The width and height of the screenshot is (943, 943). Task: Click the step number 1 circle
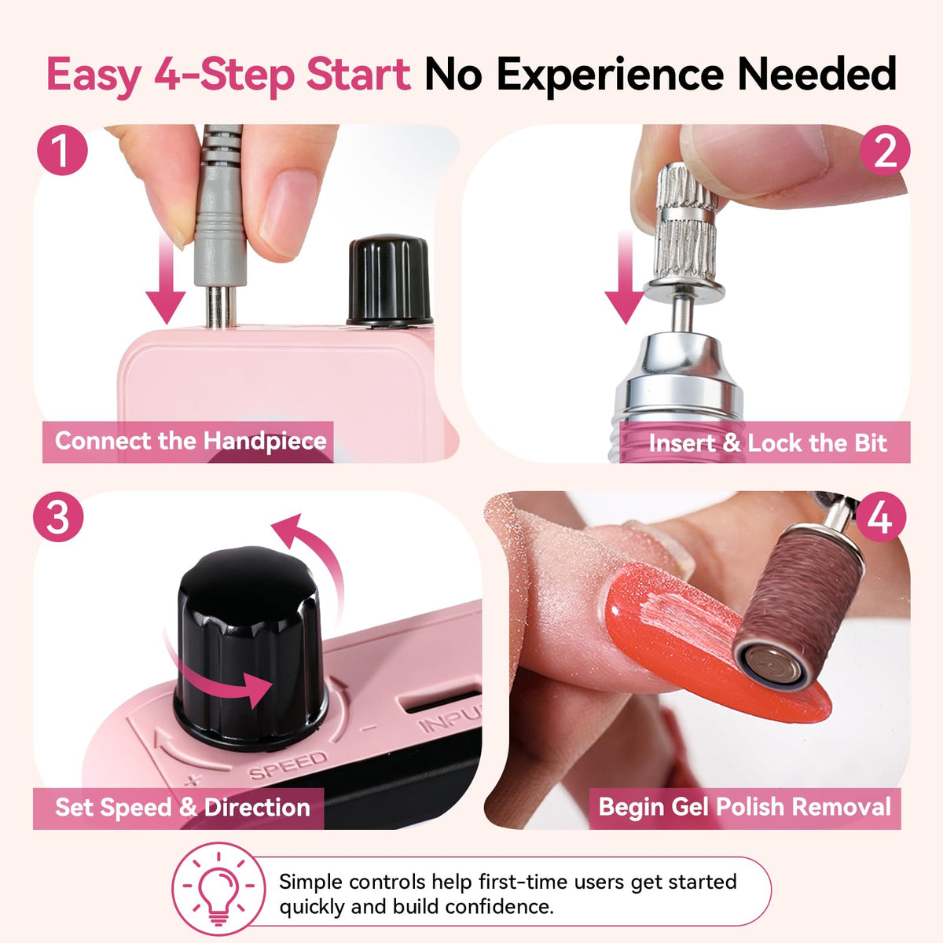coord(62,150)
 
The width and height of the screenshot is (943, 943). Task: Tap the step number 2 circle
coord(885,150)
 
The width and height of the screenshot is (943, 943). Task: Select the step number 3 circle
coord(58,516)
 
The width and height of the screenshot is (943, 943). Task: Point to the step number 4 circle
coord(880,516)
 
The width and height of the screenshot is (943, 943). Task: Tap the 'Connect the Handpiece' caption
coord(191,441)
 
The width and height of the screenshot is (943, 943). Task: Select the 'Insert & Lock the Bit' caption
coord(768,443)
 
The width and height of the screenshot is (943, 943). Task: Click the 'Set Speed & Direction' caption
coord(182,807)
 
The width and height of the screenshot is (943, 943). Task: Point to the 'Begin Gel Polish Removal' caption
coord(745,807)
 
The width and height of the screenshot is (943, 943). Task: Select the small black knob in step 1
coord(390,281)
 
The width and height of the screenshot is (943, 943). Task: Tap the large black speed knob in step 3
coord(251,648)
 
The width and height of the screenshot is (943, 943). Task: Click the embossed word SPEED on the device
coord(288,765)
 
